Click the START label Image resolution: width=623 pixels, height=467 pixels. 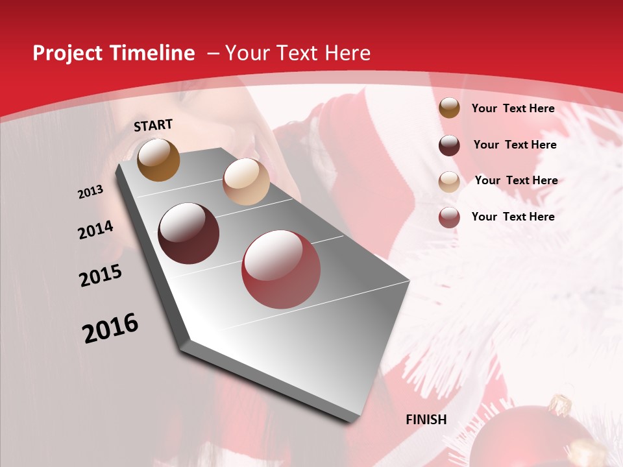pyautogui.click(x=153, y=125)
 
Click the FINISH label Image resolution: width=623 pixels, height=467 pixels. pyautogui.click(x=426, y=420)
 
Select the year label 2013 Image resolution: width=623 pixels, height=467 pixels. pyautogui.click(x=90, y=192)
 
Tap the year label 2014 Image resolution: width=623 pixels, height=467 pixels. pyautogui.click(x=96, y=230)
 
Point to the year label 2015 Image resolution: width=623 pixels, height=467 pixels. pyautogui.click(x=101, y=276)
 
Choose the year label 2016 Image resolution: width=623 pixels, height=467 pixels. pyautogui.click(x=110, y=328)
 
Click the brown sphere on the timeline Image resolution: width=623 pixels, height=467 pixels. pyautogui.click(x=159, y=160)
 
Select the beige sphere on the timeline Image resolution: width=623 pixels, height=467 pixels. pyautogui.click(x=246, y=182)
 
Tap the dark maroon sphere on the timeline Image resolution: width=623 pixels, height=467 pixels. pyautogui.click(x=189, y=233)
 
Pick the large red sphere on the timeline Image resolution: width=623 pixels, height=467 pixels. pyautogui.click(x=281, y=269)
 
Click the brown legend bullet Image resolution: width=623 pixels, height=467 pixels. pyautogui.click(x=449, y=108)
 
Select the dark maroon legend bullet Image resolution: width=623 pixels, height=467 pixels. pyautogui.click(x=449, y=145)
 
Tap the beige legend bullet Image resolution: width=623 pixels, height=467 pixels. pyautogui.click(x=449, y=182)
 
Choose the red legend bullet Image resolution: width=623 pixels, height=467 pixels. pyautogui.click(x=449, y=217)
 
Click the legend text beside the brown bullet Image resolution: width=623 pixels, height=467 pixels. pyautogui.click(x=513, y=108)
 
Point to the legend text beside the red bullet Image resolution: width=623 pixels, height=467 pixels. pyautogui.click(x=513, y=217)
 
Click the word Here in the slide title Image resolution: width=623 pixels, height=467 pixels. pyautogui.click(x=347, y=53)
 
